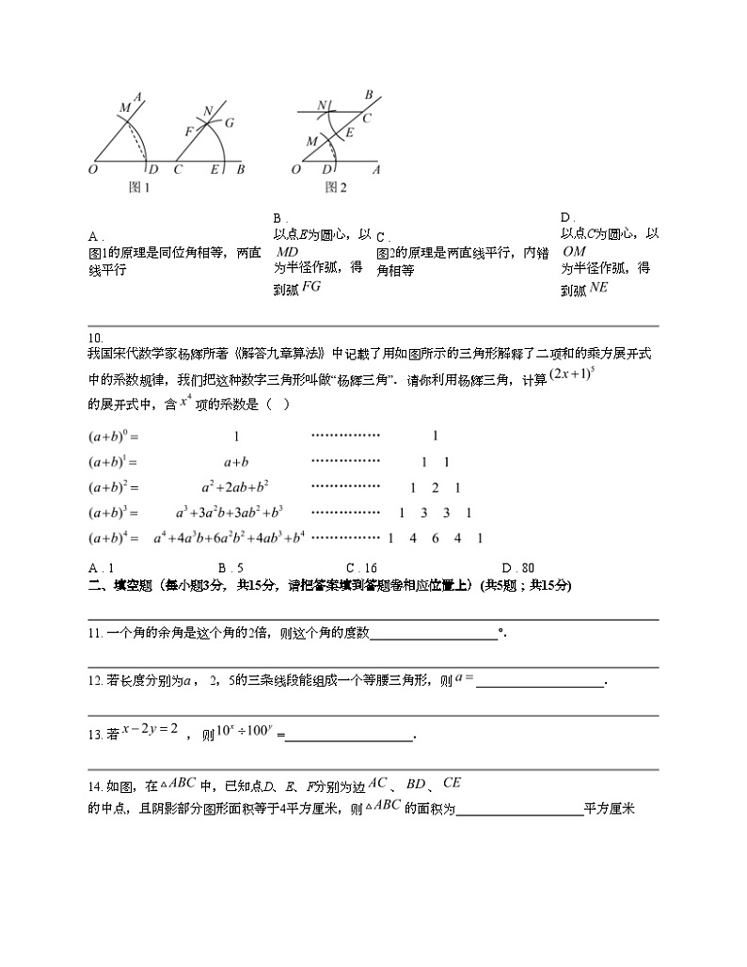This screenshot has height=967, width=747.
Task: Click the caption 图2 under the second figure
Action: [336, 187]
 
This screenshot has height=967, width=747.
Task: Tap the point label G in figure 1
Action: [229, 122]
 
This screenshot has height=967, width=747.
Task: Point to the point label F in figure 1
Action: [188, 131]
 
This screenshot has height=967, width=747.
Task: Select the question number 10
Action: [94, 339]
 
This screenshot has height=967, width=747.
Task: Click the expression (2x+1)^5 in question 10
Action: [574, 374]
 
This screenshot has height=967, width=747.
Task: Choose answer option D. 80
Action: [518, 568]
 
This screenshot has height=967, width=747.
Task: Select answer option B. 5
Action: [230, 568]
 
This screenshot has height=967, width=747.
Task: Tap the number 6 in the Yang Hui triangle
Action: [436, 538]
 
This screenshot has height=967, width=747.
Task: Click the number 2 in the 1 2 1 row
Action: [435, 487]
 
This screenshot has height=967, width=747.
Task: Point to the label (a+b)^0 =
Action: [113, 436]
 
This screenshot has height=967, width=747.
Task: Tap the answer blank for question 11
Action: [434, 635]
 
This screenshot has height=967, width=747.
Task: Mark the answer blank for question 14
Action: [518, 810]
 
